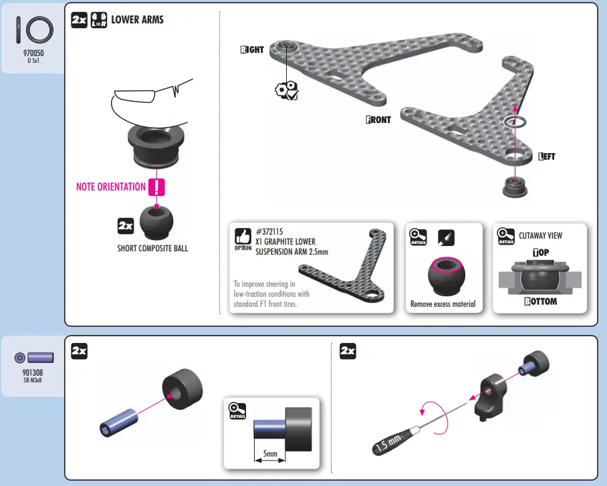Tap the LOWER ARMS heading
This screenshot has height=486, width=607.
pyautogui.click(x=137, y=19)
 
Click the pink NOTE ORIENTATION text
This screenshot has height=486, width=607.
pyautogui.click(x=111, y=187)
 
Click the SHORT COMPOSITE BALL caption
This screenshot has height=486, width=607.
pyautogui.click(x=152, y=249)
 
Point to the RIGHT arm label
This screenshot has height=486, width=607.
pyautogui.click(x=252, y=50)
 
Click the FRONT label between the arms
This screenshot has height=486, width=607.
pyautogui.click(x=378, y=120)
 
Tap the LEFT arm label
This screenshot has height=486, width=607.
pyautogui.click(x=547, y=157)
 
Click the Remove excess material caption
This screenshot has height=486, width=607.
pyautogui.click(x=443, y=304)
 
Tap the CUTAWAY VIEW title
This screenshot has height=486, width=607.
pyautogui.click(x=540, y=235)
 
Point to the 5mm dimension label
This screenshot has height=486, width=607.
pyautogui.click(x=270, y=454)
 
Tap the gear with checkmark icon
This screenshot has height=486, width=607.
pyautogui.click(x=287, y=92)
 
